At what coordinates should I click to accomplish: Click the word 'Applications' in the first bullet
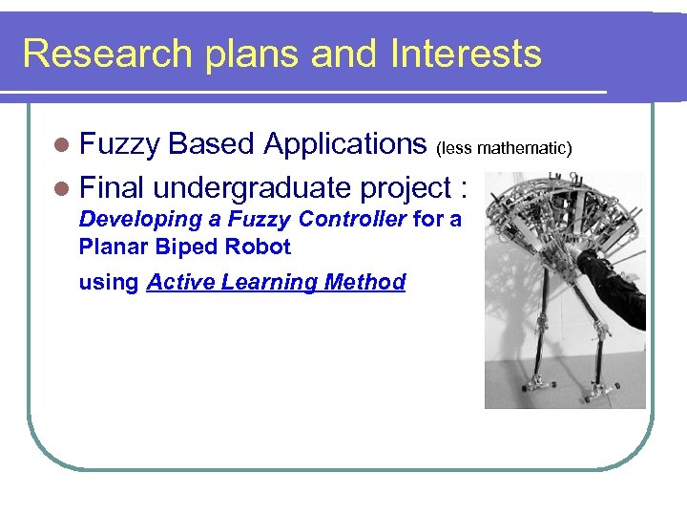[x=344, y=144]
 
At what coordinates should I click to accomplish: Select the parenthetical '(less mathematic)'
[x=503, y=148]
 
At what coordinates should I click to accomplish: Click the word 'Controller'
[x=352, y=219]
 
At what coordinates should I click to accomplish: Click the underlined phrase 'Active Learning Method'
[x=276, y=282]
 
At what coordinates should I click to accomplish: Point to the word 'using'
[x=109, y=283]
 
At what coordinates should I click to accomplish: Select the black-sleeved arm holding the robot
[x=611, y=287]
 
